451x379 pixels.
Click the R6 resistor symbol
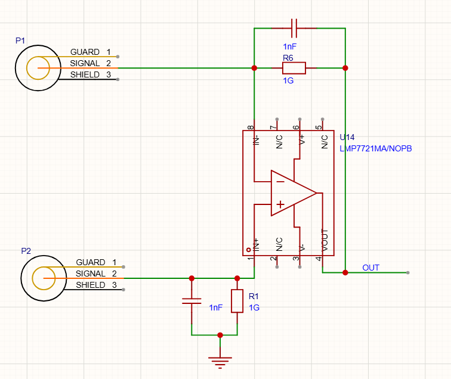coord(294,68)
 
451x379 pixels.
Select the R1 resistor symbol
coord(237,301)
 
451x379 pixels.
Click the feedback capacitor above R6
coord(294,28)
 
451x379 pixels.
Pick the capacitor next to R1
coord(191,301)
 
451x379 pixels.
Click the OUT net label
coord(370,268)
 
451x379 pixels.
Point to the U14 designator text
coord(347,137)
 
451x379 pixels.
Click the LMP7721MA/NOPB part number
coord(376,148)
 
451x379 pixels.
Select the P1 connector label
coord(20,41)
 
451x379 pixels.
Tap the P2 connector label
coord(26,251)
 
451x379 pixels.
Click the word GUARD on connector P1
coord(85,52)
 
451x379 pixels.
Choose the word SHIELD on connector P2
coord(91,285)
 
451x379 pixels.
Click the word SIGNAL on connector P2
coord(91,274)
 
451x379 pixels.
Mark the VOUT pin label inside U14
coord(325,240)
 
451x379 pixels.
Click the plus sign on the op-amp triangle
coord(280,204)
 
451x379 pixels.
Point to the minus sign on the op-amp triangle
coord(280,182)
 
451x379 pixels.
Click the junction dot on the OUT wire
coord(345,272)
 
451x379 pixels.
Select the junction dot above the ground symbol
coord(220,335)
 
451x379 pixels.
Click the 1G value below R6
coord(288,80)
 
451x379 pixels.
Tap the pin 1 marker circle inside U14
coord(249,250)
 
